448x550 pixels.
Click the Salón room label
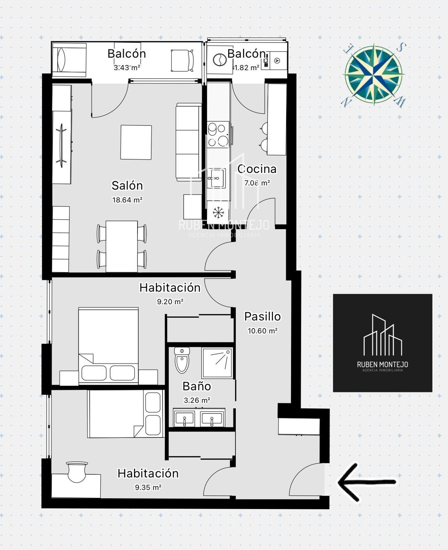[x=127, y=186]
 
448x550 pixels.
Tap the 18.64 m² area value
[x=127, y=200]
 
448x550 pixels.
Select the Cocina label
[x=257, y=169]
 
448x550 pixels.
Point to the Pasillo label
[x=262, y=317]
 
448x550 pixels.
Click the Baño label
[x=197, y=386]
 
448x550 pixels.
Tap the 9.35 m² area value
[x=148, y=487]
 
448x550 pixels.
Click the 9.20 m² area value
[x=170, y=301]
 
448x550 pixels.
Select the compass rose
[x=374, y=75]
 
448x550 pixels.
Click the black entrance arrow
[x=367, y=482]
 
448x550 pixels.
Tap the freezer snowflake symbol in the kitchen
[x=218, y=212]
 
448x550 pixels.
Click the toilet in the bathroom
[x=182, y=361]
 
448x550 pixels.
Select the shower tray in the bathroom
[x=217, y=363]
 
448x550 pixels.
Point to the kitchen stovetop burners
[x=218, y=135]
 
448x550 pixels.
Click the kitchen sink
[x=216, y=178]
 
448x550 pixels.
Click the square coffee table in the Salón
[x=136, y=142]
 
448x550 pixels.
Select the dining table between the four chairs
[x=122, y=246]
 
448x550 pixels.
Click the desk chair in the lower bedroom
[x=77, y=472]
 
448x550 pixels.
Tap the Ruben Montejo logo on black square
[x=383, y=343]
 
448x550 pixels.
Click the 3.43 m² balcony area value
[x=127, y=68]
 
